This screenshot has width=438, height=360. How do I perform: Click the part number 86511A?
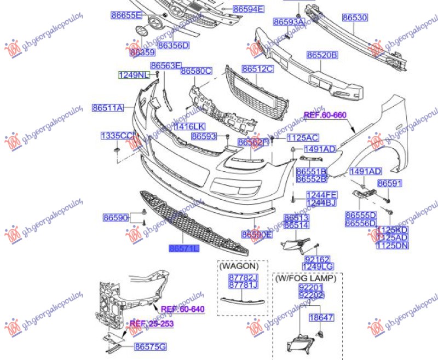click(108, 108)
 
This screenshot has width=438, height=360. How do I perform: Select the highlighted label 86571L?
click(185, 248)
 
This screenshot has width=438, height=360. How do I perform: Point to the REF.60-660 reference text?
click(325, 115)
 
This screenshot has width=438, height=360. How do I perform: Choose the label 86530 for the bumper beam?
click(355, 18)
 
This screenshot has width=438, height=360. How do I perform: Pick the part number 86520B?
click(322, 55)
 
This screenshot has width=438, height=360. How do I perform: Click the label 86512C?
click(258, 69)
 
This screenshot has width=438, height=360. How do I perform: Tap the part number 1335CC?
click(117, 135)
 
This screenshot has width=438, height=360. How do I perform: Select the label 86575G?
click(151, 346)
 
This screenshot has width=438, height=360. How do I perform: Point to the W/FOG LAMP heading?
click(306, 278)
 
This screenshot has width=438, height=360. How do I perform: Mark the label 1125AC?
click(302, 138)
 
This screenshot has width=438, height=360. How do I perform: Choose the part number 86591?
click(389, 183)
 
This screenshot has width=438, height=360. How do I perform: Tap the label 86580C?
click(196, 71)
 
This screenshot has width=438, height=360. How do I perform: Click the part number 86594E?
click(248, 9)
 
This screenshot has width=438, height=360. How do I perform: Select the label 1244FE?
click(321, 195)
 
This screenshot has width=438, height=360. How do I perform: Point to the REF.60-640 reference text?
click(182, 309)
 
